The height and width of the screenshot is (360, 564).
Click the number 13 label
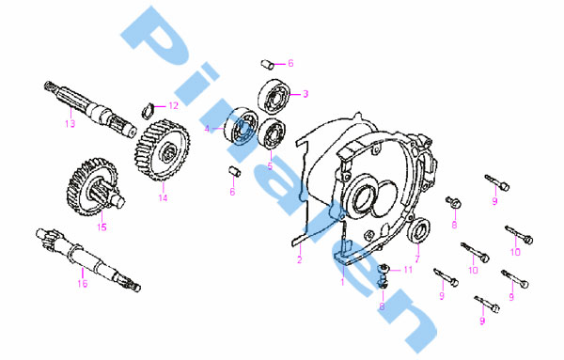point(70,124)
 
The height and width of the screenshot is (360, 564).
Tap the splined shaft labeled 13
point(90,109)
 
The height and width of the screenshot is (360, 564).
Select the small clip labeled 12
point(148,110)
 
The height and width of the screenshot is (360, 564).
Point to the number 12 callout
point(173,105)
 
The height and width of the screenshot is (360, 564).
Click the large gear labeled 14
point(163,150)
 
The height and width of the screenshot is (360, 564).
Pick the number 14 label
point(163,197)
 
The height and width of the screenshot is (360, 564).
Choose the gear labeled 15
point(96,187)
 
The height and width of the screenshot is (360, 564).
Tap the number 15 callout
point(102,227)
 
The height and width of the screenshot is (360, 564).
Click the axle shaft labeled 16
point(88,258)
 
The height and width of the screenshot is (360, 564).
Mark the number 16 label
point(83,284)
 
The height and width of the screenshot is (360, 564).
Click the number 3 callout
point(305,94)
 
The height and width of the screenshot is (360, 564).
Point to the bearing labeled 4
point(241,126)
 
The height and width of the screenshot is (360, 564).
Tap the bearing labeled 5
point(273,133)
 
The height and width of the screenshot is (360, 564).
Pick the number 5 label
point(270,166)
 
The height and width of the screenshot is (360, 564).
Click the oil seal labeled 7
point(418,230)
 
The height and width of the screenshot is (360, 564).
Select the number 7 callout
point(417,258)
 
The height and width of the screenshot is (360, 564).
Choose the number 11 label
point(408,270)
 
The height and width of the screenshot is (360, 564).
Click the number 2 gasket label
point(300,259)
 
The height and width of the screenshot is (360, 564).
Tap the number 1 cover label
point(342,282)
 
